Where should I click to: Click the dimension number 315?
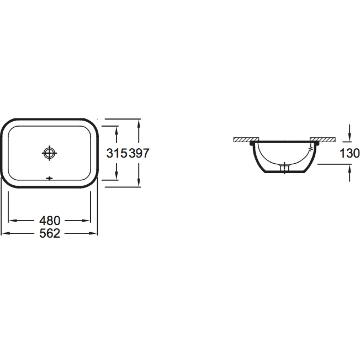point(117,153)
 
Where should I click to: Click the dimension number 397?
point(139,153)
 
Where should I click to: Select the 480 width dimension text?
point(50,220)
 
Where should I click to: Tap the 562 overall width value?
point(50,233)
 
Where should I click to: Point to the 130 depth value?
point(350,153)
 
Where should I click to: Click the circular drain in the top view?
point(50,153)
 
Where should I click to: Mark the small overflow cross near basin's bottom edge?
point(50,178)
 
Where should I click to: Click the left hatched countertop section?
point(246,140)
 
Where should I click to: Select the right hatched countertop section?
point(323,140)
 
